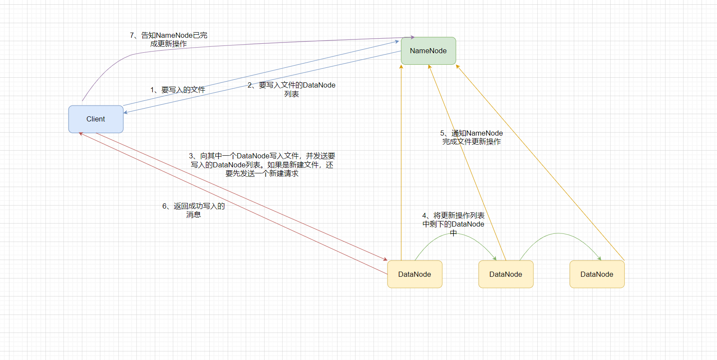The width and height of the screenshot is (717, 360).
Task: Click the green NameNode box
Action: [428, 51]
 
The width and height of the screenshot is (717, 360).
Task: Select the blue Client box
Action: [96, 119]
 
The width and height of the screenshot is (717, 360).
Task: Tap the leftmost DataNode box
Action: [414, 274]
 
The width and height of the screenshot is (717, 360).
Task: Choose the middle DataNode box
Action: [506, 274]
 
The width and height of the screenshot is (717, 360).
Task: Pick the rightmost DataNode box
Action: [596, 274]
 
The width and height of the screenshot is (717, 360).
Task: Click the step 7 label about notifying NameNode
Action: [169, 39]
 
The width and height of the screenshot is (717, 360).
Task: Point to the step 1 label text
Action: [178, 90]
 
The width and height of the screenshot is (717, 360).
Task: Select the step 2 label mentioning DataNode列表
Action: [292, 89]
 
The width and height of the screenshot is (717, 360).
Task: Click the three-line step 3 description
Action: [262, 165]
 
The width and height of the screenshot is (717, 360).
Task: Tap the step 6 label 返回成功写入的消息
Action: [193, 210]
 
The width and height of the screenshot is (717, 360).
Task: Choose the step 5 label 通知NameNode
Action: [471, 137]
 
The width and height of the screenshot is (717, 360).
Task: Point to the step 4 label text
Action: [453, 224]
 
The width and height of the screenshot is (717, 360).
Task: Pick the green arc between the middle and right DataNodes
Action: [558, 233]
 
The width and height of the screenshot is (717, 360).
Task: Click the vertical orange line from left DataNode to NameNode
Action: [401, 163]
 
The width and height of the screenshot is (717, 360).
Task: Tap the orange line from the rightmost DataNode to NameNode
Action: [540, 163]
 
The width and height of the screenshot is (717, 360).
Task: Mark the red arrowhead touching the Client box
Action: [81, 134]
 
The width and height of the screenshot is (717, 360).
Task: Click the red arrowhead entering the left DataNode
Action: [385, 259]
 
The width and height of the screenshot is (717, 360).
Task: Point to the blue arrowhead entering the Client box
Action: [126, 112]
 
